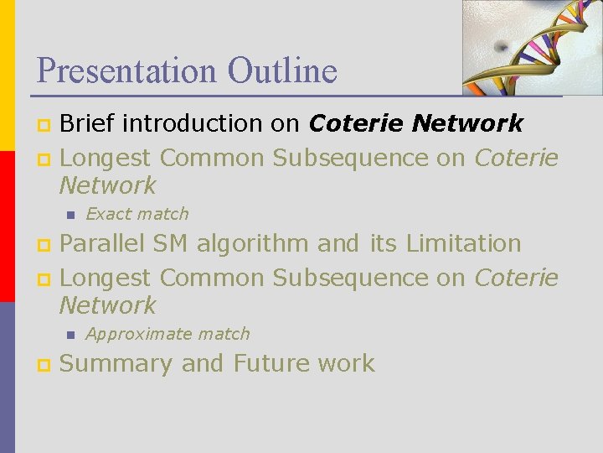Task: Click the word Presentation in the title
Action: coord(113,70)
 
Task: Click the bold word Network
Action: coord(469,124)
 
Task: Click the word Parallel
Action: coord(103,244)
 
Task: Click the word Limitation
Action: coord(463,244)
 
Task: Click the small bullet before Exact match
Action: coord(70,215)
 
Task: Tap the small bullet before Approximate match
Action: coord(70,335)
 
